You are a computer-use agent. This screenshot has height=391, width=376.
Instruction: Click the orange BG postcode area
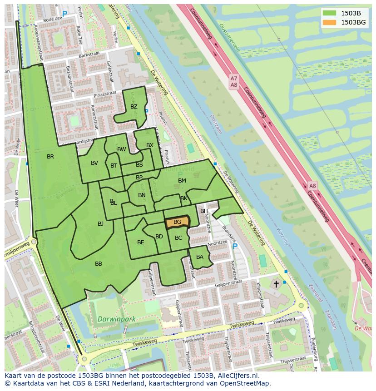[x=177, y=222]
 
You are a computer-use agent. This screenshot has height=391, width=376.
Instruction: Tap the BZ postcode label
[x=134, y=107]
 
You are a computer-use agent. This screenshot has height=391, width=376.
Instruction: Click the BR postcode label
[x=50, y=157]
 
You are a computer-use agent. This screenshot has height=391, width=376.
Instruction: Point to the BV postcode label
[x=94, y=163]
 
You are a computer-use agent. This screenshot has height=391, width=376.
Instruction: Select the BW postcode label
[x=122, y=149]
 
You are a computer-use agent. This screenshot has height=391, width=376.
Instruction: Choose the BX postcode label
[x=150, y=145]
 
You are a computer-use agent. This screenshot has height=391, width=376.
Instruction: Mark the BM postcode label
[x=182, y=181]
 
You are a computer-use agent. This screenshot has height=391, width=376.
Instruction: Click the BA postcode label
[x=200, y=257]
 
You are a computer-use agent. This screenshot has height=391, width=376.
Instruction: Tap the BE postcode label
[x=140, y=243]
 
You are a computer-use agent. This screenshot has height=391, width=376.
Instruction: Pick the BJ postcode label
[x=100, y=223]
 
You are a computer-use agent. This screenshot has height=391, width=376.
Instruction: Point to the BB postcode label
[x=99, y=264]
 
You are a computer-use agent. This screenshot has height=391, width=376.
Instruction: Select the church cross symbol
[x=276, y=284]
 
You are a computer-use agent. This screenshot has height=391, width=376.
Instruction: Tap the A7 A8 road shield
[x=234, y=82]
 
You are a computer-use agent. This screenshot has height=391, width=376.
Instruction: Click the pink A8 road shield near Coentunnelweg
[x=312, y=186]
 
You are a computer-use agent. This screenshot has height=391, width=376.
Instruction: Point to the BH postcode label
[x=204, y=211]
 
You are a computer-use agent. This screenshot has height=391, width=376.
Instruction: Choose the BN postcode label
[x=142, y=195]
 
